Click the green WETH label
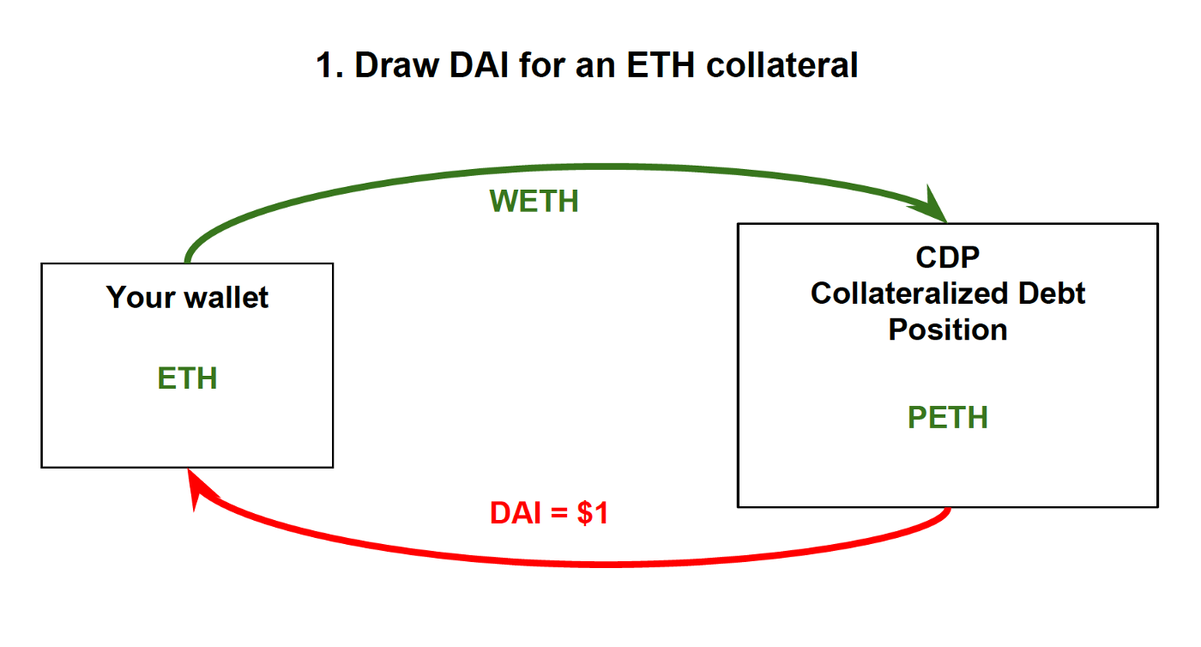(x=534, y=201)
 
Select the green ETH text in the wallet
(x=187, y=378)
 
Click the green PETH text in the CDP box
(x=948, y=418)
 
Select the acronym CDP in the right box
(x=948, y=257)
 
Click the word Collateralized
(x=909, y=293)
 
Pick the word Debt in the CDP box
(x=1052, y=293)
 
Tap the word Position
(x=948, y=330)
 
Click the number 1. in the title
(x=329, y=66)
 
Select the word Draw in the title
(x=390, y=66)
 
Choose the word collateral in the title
(x=782, y=66)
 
